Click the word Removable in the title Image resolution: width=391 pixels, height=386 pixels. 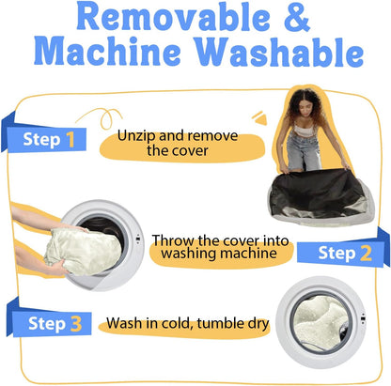[x=173, y=16]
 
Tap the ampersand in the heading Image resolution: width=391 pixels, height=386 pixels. [x=297, y=16]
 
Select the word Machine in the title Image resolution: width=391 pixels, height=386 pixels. [x=107, y=51]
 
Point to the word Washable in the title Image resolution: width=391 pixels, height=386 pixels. [x=279, y=51]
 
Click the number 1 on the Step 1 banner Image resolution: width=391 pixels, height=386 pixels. [x=70, y=139]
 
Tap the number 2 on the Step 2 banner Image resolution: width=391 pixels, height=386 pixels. [x=366, y=253]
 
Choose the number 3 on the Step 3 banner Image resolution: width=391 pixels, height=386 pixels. [x=76, y=324]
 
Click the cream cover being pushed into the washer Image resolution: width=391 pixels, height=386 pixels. [x=83, y=252]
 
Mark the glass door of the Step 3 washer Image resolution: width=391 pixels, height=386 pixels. [x=321, y=322]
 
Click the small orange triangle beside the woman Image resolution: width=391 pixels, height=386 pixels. [x=260, y=118]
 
